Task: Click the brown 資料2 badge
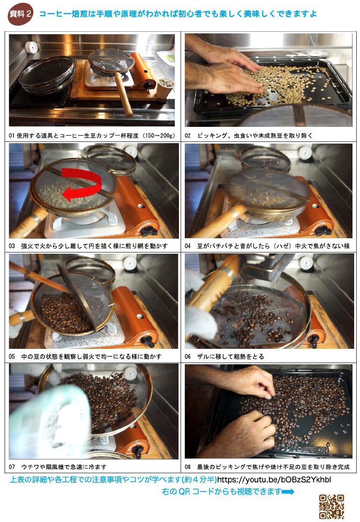coord(20,14)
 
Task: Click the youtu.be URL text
coord(274,479)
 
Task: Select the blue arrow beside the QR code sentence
coord(288,492)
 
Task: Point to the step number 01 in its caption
coord(12,136)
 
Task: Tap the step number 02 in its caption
coord(188,136)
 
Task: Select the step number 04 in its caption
coord(188,246)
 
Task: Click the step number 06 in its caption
coord(188,356)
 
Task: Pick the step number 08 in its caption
coord(188,467)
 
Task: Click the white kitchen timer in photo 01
coord(31,47)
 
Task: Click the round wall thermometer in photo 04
coord(306,153)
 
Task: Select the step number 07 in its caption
coord(12,467)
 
